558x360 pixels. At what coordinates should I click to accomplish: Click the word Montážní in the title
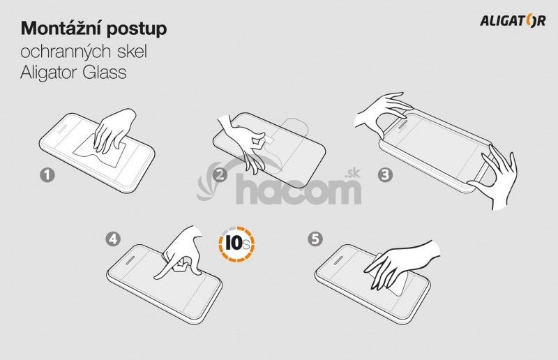61,28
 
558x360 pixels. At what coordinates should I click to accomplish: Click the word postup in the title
137,30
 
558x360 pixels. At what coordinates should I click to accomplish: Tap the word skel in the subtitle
132,51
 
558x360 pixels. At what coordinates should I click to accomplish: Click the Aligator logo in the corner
513,21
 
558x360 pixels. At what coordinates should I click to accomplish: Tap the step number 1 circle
47,175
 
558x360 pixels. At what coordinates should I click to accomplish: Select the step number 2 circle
220,175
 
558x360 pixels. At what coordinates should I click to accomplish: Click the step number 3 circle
386,175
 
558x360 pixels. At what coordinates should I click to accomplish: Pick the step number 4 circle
113,239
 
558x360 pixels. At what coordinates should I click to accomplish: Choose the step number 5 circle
315,239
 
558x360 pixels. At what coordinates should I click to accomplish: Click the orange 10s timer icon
236,244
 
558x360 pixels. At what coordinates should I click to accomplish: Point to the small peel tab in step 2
269,140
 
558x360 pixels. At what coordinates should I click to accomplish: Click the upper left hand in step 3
382,112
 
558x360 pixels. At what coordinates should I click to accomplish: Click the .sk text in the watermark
352,174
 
